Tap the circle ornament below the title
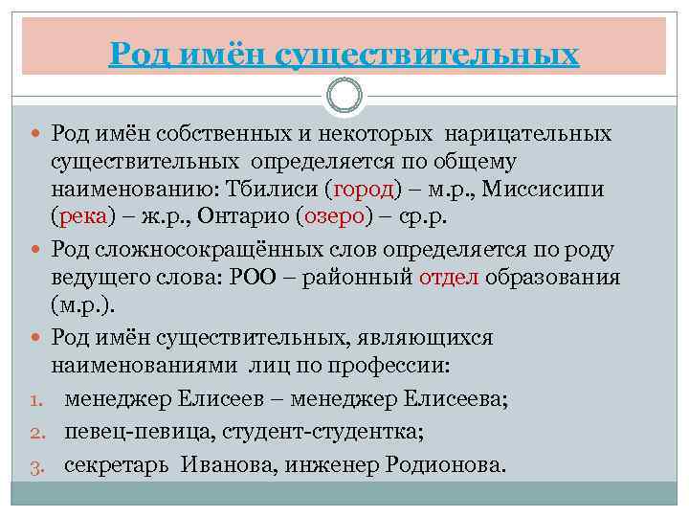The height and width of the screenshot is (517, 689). point(344,96)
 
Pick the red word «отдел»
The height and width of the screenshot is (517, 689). point(449,278)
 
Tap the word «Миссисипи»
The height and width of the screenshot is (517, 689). point(543,189)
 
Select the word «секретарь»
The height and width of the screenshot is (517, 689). point(117,464)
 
